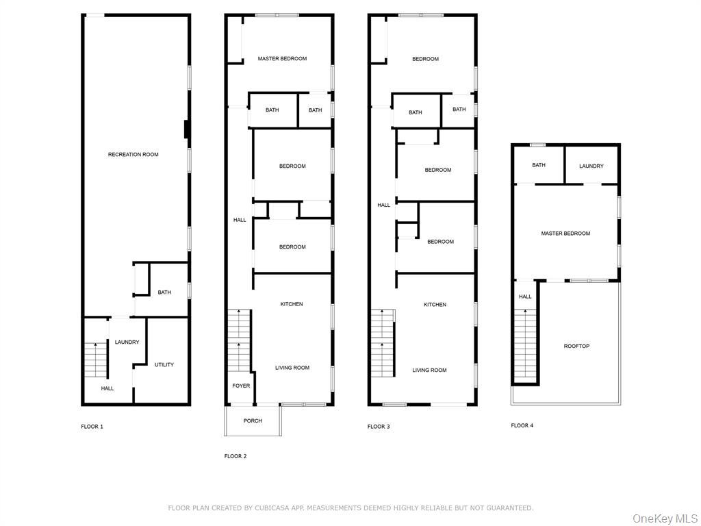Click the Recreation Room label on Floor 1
133,155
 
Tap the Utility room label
164,365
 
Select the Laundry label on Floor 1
127,342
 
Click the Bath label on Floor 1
164,293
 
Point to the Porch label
253,421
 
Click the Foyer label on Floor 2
241,386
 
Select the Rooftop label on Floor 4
576,347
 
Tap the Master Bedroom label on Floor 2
282,59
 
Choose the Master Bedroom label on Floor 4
565,234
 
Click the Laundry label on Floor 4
591,166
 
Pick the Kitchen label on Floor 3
435,305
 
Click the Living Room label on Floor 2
292,368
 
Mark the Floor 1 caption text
92,427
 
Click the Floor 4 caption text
522,425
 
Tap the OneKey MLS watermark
664,518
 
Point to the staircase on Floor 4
524,342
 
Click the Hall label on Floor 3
383,205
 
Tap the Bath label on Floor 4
539,165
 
